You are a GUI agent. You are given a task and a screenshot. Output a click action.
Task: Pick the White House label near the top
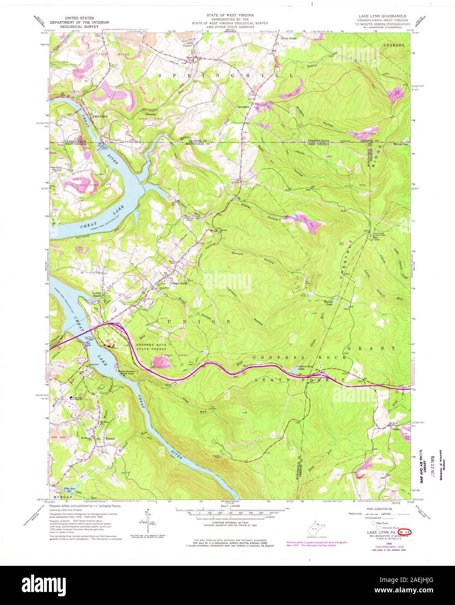[289, 39]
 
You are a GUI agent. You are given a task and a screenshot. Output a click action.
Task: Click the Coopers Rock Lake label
[305, 367]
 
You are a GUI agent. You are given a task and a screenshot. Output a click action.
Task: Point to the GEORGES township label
[394, 45]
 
